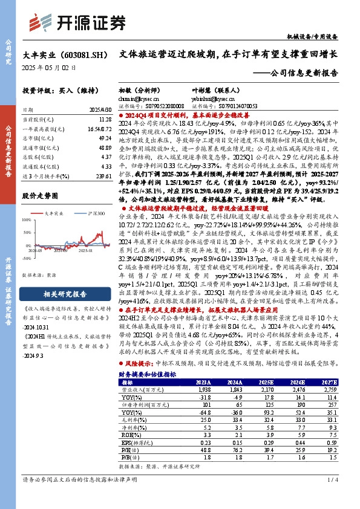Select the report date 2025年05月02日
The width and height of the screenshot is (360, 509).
coord(49,68)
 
